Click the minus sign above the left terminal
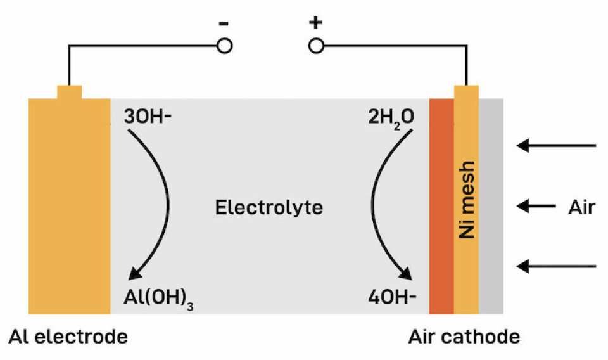pyautogui.click(x=224, y=24)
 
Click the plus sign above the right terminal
pyautogui.click(x=315, y=23)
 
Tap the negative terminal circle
pyautogui.click(x=224, y=46)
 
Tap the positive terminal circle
pyautogui.click(x=315, y=46)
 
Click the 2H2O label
pyautogui.click(x=389, y=117)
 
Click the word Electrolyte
pyautogui.click(x=269, y=207)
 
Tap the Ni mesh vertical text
pyautogui.click(x=467, y=199)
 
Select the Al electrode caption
pyautogui.click(x=68, y=337)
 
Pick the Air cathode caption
pyautogui.click(x=464, y=337)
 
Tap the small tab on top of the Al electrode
pyautogui.click(x=69, y=92)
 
